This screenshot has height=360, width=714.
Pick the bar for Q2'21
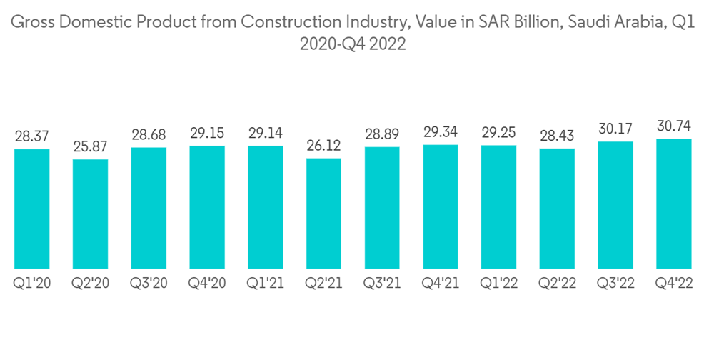[323, 213]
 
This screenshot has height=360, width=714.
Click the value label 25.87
[90, 147]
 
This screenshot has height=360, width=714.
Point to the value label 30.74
[675, 126]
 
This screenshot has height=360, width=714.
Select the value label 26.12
[323, 146]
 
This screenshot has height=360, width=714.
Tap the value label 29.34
[441, 133]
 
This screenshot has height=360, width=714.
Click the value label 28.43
[557, 136]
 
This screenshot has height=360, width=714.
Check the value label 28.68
[149, 136]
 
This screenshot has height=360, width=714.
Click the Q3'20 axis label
[149, 284]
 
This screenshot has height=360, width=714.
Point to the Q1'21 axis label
[265, 284]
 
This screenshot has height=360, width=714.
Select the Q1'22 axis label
[499, 284]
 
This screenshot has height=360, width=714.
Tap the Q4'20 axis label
[207, 284]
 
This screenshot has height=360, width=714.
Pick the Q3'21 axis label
[382, 284]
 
